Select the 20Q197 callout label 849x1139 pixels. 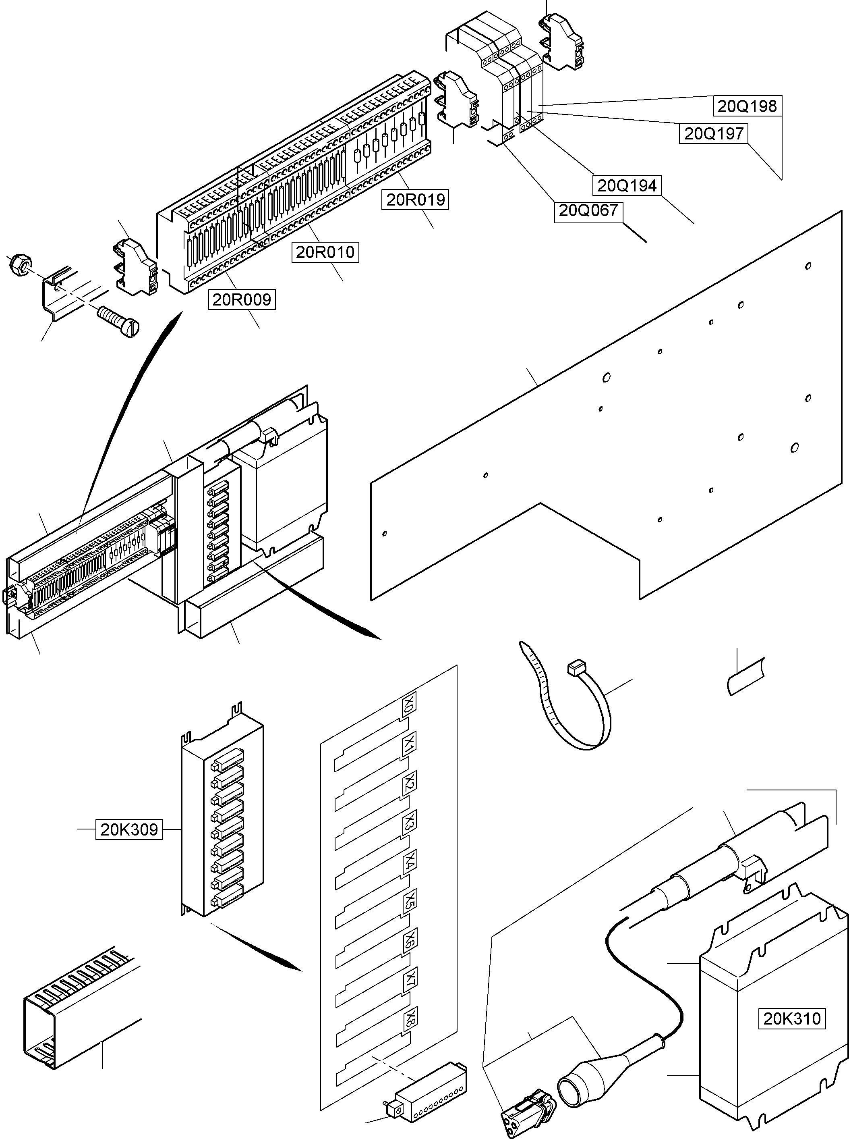pyautogui.click(x=714, y=134)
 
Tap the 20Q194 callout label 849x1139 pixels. pyautogui.click(x=627, y=186)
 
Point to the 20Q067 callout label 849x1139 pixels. pyautogui.click(x=588, y=210)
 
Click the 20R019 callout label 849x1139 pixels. pyautogui.click(x=415, y=200)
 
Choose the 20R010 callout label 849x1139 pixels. pyautogui.click(x=325, y=252)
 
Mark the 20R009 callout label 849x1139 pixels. pyautogui.click(x=242, y=299)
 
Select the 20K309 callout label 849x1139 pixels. pyautogui.click(x=129, y=829)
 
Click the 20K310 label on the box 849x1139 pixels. pyautogui.click(x=791, y=1018)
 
